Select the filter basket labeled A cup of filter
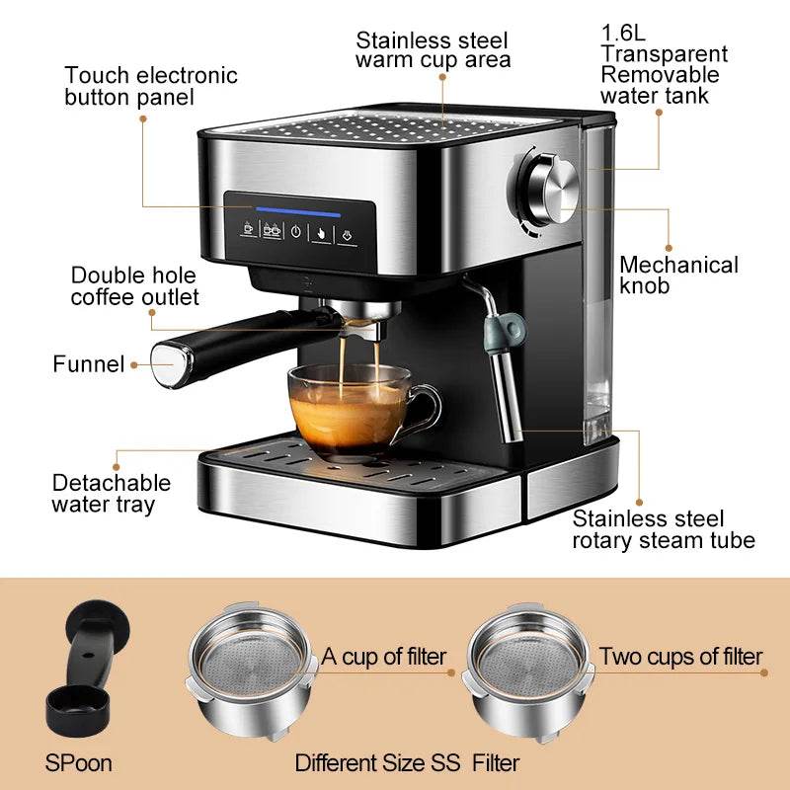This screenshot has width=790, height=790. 248,671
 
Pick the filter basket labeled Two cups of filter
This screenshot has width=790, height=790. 526,671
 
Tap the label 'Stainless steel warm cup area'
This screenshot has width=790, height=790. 434,50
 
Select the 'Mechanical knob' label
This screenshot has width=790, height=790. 678,276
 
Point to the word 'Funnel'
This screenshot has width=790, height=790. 88,364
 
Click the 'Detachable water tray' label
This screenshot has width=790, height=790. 111,494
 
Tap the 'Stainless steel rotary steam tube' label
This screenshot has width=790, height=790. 664,529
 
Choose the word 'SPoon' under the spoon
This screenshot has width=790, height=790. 78,763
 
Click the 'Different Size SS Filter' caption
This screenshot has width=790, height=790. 407,762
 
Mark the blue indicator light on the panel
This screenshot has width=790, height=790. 298,211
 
